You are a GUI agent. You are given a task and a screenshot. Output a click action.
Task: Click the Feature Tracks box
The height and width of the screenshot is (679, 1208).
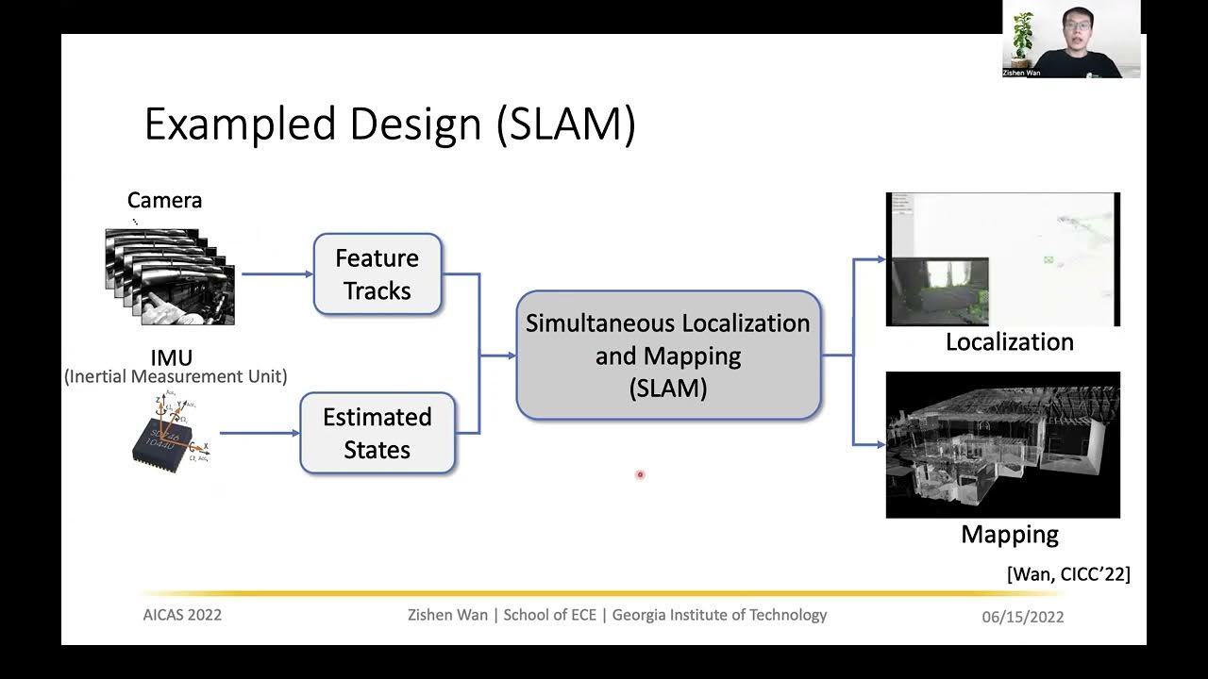[377, 274]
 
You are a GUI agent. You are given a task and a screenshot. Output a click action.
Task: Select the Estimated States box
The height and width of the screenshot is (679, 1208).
[377, 433]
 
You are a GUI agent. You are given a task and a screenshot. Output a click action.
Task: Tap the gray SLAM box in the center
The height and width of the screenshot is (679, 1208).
[668, 355]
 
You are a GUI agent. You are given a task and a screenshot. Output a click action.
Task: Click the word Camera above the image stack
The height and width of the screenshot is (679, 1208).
[164, 200]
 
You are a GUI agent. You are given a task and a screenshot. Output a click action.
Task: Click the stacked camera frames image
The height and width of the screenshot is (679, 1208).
[170, 277]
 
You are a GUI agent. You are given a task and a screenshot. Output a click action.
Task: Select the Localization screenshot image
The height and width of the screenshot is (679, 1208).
[1002, 259]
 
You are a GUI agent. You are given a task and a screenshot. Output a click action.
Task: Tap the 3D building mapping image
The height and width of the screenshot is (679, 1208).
[1002, 444]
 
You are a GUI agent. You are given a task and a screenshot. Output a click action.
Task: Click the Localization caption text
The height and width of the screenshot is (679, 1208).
[1009, 341]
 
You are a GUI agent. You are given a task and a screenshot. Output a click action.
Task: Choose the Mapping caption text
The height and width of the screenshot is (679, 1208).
[1009, 535]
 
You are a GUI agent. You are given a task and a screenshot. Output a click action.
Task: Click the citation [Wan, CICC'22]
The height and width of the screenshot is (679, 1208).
[1068, 573]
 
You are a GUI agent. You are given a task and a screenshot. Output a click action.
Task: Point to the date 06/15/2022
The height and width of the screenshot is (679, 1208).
[1022, 617]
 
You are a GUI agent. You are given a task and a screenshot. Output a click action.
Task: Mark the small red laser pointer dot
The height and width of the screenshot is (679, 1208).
[640, 474]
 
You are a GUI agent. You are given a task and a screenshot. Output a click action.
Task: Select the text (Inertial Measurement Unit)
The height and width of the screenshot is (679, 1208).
[176, 377]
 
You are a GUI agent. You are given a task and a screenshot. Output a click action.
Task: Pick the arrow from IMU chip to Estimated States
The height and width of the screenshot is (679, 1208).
[260, 434]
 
